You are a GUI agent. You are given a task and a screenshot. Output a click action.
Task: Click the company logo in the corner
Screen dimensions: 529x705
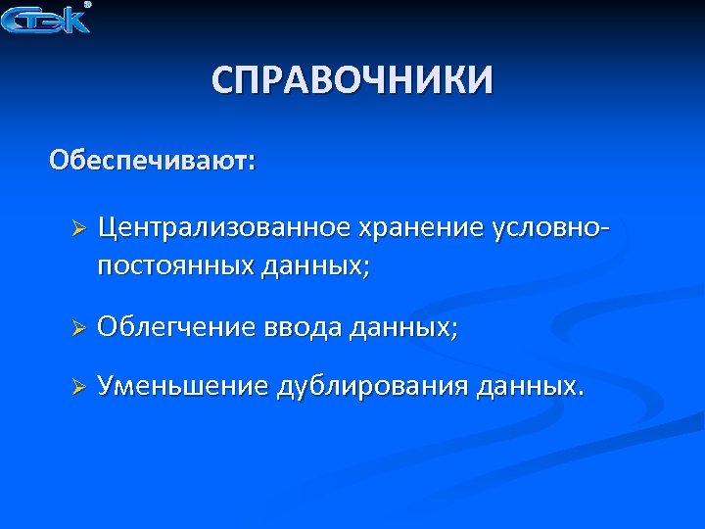[45, 20]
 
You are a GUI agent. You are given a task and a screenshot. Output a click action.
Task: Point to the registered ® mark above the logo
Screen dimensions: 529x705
[87, 5]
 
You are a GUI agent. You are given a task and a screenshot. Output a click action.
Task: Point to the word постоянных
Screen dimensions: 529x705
[175, 265]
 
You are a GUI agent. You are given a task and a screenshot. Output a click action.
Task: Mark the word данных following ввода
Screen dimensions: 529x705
[402, 326]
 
